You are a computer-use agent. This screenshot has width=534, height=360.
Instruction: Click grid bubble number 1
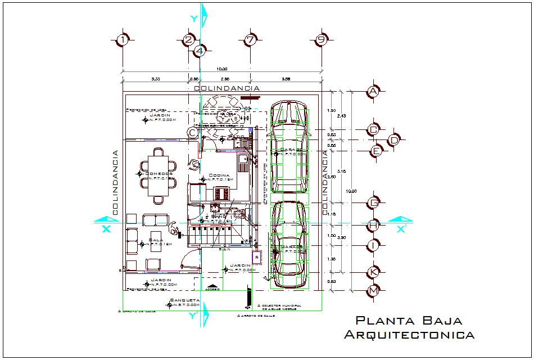(x=123, y=40)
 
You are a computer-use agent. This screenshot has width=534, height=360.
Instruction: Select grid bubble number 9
(x=321, y=40)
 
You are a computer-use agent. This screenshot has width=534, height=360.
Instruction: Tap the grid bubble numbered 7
(x=251, y=40)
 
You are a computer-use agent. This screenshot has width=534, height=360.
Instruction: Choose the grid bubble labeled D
(x=395, y=139)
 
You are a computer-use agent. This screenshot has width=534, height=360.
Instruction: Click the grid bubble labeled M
(x=373, y=291)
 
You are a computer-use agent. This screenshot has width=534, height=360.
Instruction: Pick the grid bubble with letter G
(x=373, y=202)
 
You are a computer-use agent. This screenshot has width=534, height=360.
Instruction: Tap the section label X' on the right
(x=401, y=229)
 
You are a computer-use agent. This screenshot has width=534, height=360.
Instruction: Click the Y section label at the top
(x=194, y=19)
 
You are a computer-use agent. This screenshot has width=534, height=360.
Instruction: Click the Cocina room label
(x=219, y=175)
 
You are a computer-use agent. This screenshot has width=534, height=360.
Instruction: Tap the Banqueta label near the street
(x=185, y=301)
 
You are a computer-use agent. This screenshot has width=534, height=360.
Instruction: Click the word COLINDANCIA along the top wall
(x=227, y=88)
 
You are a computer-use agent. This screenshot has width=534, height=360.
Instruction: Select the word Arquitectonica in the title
(x=409, y=335)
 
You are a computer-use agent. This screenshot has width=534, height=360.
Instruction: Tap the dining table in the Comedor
(x=157, y=177)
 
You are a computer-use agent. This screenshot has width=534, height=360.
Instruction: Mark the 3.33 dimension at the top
(x=156, y=79)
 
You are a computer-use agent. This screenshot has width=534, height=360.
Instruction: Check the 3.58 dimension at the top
(x=286, y=79)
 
